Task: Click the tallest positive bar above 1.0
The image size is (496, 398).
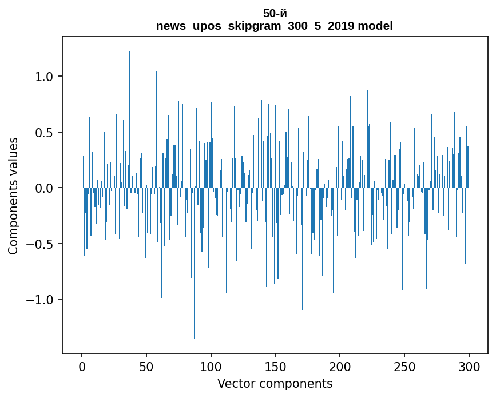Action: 130,119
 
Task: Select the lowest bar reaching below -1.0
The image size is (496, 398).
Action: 195,263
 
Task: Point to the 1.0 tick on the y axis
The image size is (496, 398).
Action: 61,77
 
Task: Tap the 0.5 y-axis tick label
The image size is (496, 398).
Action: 45,133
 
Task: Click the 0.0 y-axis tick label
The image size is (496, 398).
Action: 45,188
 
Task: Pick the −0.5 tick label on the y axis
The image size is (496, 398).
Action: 40,244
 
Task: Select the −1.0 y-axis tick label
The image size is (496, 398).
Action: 40,300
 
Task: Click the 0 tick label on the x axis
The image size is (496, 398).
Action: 82,367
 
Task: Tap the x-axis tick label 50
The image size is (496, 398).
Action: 146,367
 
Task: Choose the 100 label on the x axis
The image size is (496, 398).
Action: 211,367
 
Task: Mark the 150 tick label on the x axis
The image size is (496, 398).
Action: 276,367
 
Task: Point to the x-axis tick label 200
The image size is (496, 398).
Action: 340,367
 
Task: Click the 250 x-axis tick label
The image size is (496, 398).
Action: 404,367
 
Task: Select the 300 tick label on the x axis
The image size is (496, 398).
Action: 469,367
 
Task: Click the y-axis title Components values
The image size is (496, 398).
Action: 13,196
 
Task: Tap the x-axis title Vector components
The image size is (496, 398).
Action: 275,384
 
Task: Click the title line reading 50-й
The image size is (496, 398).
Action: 275,14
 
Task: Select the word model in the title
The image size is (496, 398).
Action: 375,26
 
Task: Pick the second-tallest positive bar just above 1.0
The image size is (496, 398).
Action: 157,130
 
